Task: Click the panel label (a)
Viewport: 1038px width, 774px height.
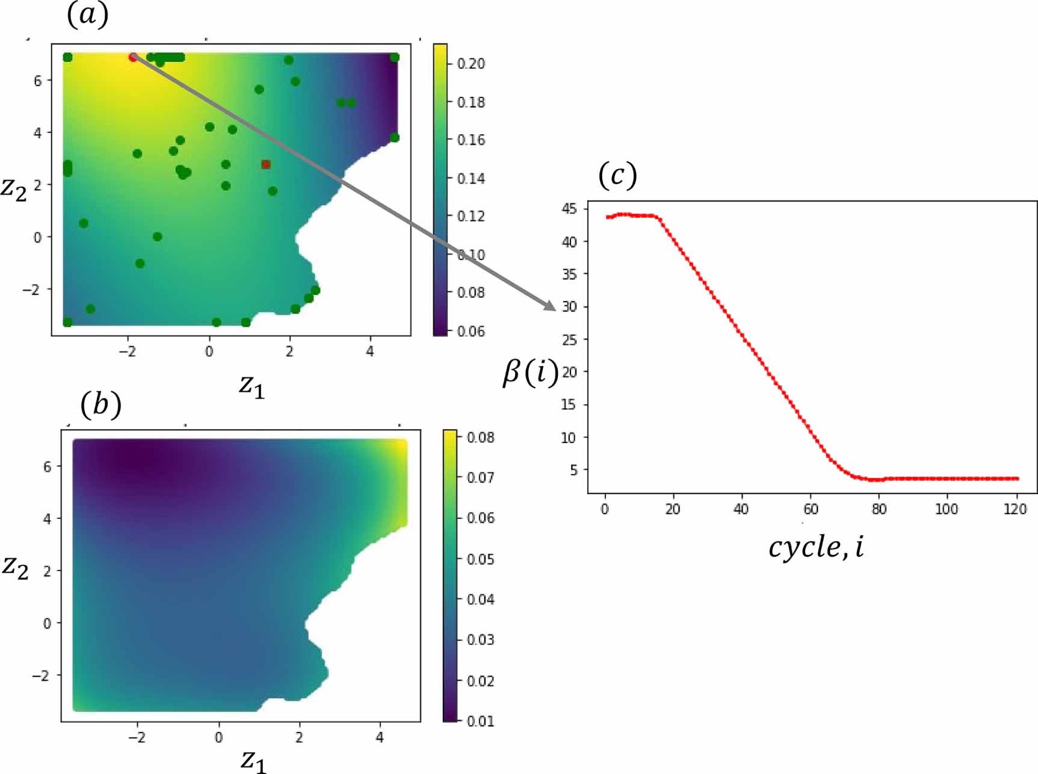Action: coord(88,14)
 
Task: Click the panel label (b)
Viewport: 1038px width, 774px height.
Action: coord(100,404)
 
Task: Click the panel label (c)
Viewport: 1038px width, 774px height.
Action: coord(617,175)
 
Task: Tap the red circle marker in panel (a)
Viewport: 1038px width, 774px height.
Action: coord(133,57)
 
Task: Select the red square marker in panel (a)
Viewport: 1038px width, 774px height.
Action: coord(265,164)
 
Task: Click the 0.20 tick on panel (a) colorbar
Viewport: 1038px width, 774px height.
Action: coord(470,64)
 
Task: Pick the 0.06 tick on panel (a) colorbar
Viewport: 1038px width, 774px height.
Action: coord(470,331)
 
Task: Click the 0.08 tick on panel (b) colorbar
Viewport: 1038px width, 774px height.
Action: coord(480,438)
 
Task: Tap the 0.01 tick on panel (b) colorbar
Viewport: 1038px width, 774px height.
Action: coord(480,720)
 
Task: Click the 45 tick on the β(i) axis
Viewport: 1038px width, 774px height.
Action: coord(569,209)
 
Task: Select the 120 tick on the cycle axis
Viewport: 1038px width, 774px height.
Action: coord(1015,510)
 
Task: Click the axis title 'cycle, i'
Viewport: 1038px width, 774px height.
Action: coord(815,547)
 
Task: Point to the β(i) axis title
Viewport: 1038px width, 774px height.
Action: coord(530,373)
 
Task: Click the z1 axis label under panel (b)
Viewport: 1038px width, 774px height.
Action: coord(253,760)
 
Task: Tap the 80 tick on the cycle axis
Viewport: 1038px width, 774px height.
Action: coord(879,510)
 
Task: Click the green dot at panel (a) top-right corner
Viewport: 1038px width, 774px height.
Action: coord(395,57)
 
